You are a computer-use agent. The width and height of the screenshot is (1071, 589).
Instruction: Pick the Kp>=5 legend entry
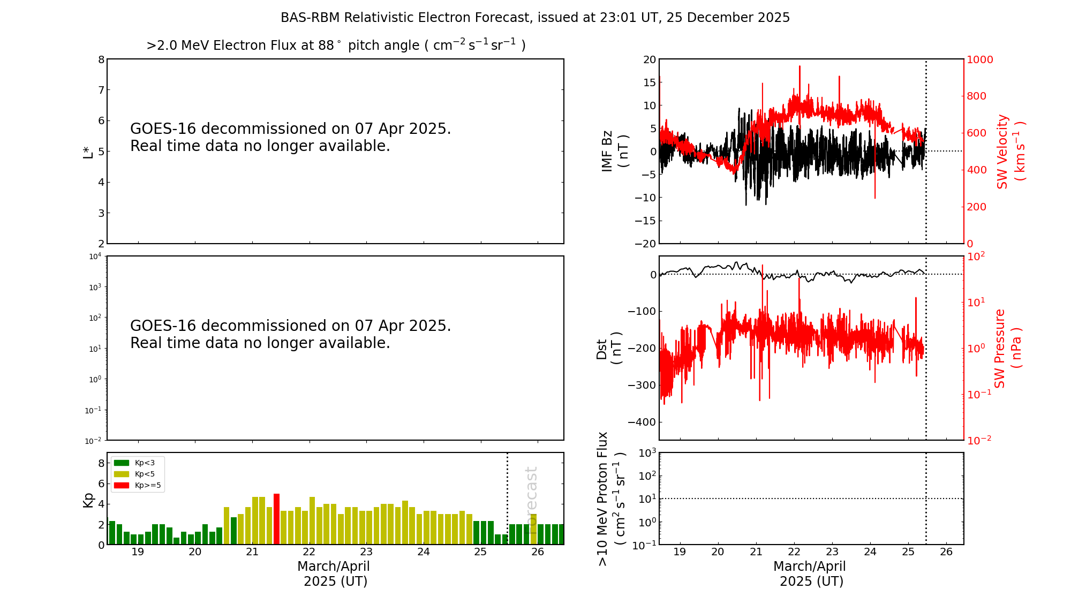(137, 486)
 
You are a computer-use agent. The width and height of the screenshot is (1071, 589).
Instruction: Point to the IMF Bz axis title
(614, 151)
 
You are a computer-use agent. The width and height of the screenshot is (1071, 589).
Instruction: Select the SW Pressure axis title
(1007, 348)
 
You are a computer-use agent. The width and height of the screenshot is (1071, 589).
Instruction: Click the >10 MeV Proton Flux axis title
(611, 499)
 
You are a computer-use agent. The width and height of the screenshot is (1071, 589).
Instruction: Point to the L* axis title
(88, 151)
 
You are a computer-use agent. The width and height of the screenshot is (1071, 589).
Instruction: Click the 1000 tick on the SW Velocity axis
(979, 59)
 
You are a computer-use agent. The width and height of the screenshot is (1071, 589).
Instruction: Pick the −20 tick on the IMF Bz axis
(645, 244)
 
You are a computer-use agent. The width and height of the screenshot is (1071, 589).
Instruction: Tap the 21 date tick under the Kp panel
(252, 552)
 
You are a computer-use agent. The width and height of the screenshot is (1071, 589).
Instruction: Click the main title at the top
(535, 18)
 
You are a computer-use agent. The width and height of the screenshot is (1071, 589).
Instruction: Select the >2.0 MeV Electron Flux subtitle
(336, 45)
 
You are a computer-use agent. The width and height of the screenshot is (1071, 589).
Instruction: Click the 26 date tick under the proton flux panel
(946, 552)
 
